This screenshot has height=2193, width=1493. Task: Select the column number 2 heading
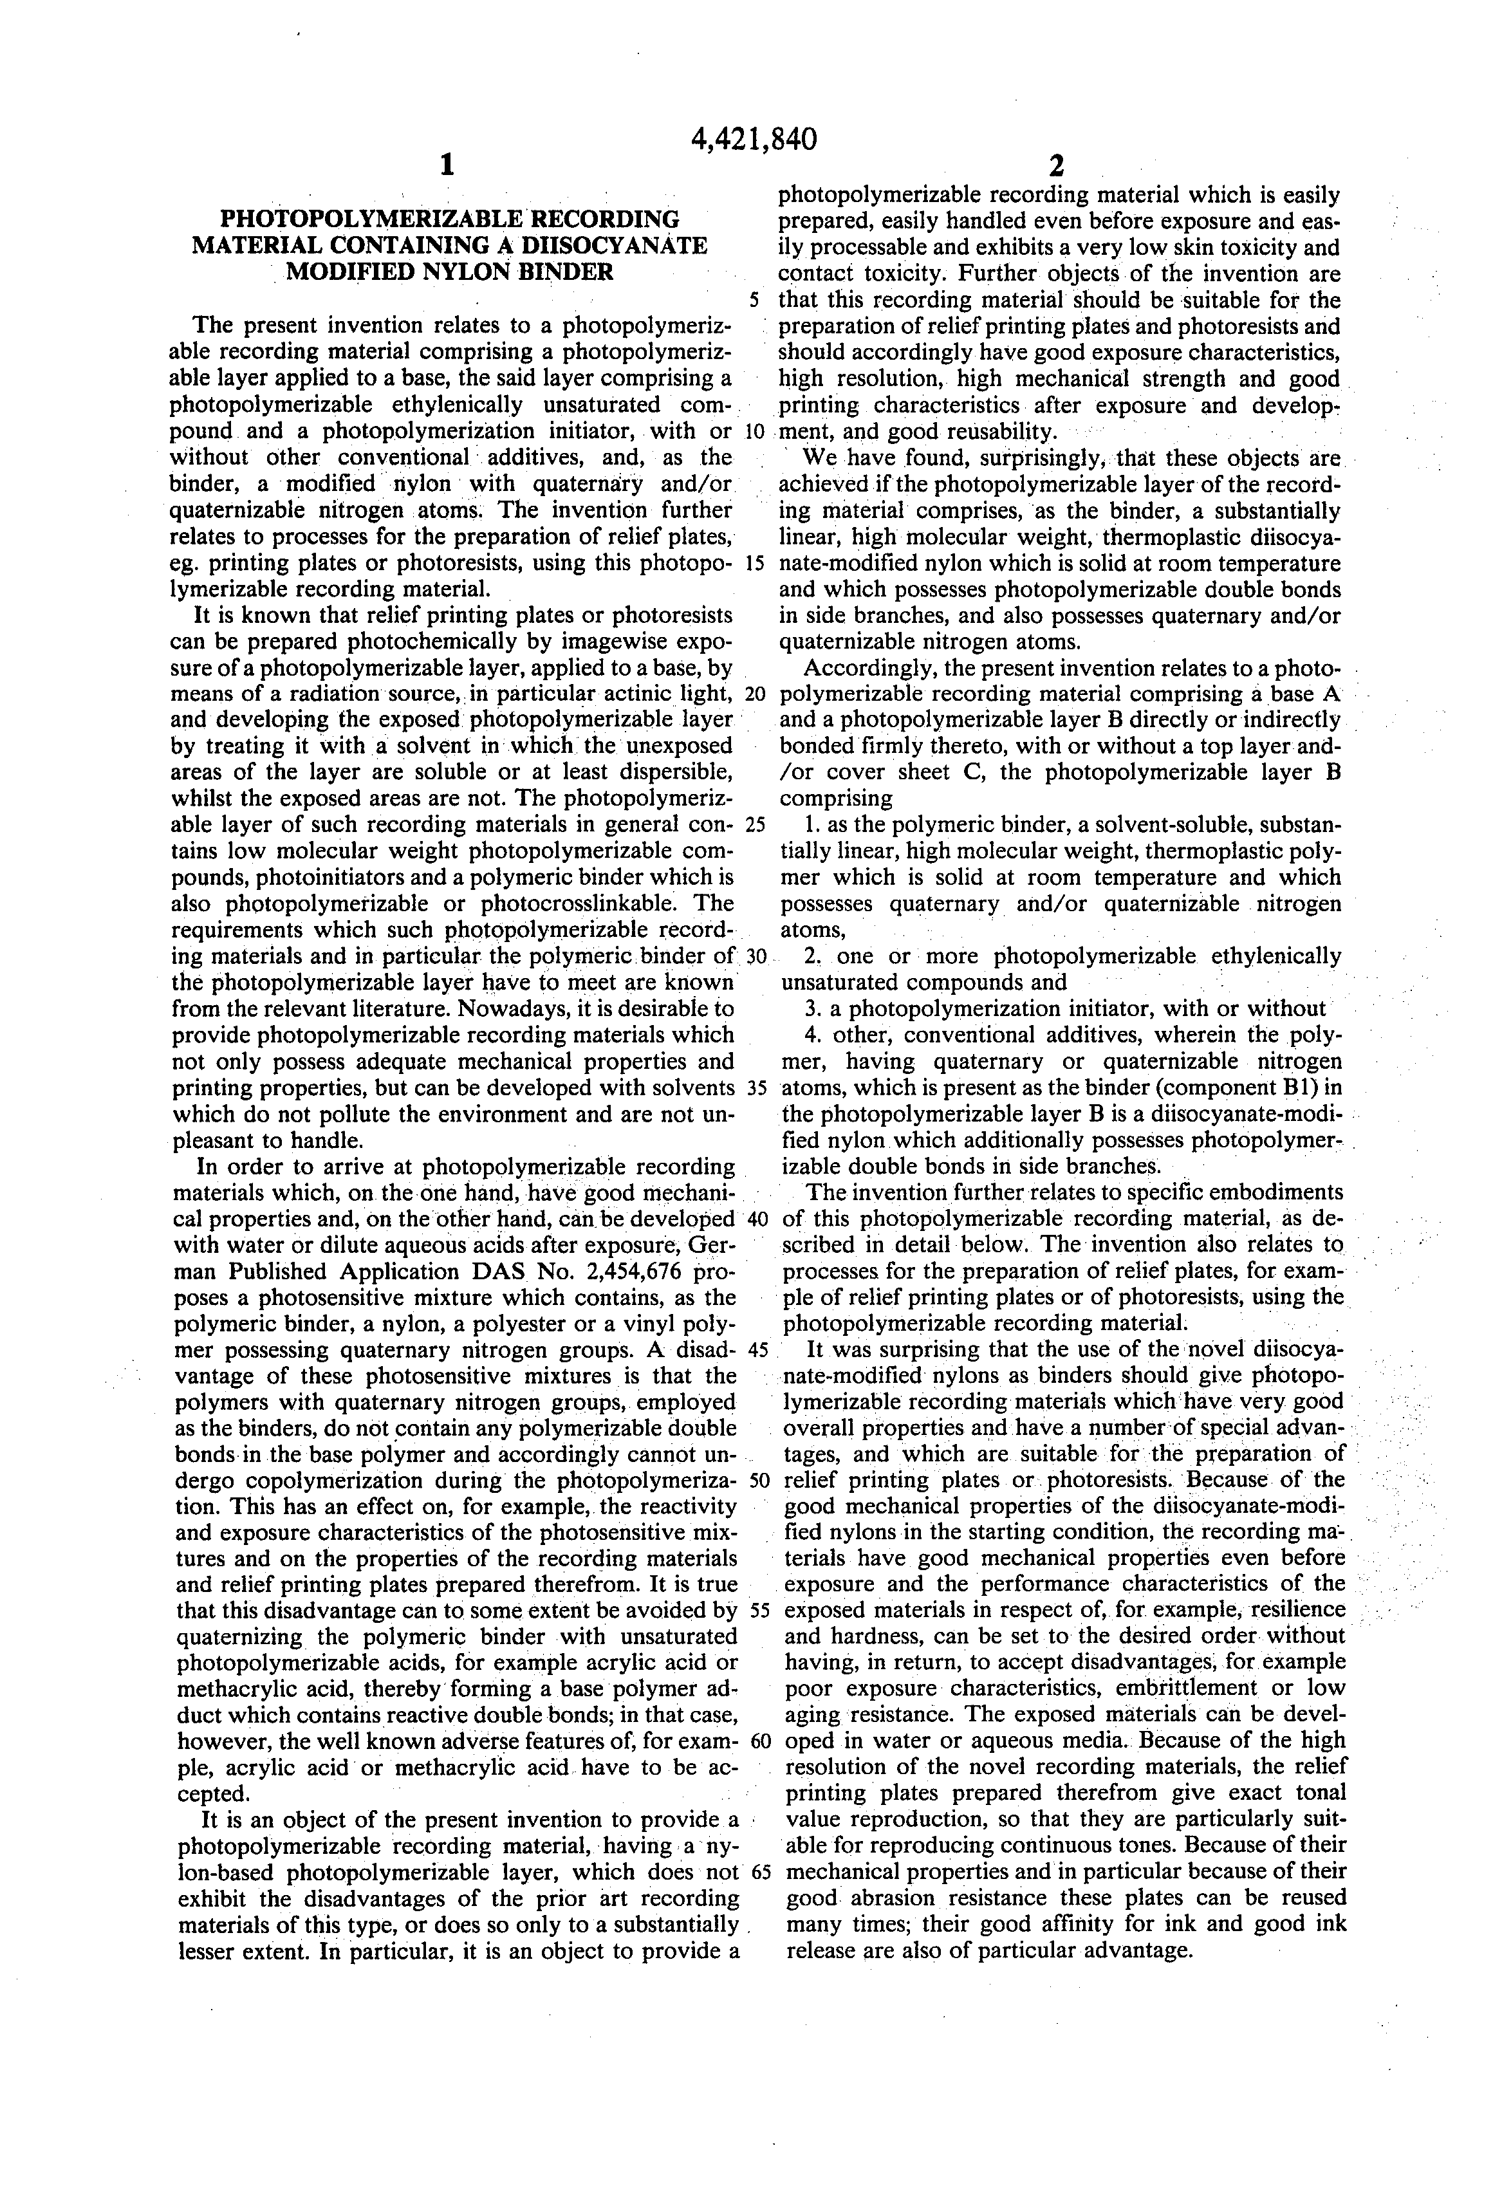(x=1057, y=167)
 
